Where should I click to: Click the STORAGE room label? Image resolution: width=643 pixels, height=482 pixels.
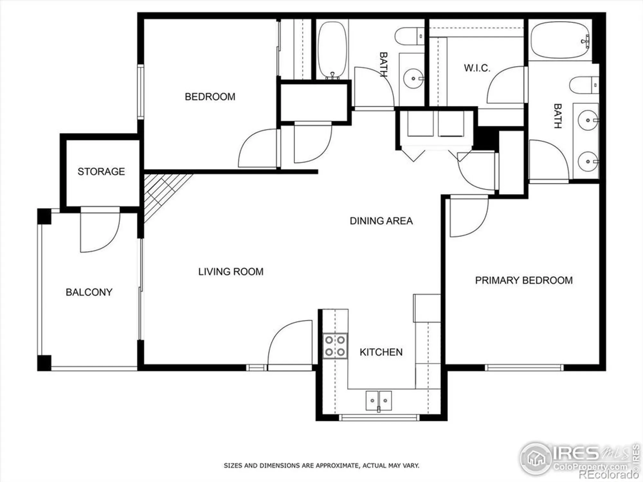pyautogui.click(x=101, y=172)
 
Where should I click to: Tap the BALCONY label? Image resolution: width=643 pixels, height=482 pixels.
pyautogui.click(x=89, y=292)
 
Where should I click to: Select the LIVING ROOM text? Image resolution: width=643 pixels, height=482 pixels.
pyautogui.click(x=231, y=272)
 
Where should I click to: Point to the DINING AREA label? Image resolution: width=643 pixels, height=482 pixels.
pyautogui.click(x=381, y=221)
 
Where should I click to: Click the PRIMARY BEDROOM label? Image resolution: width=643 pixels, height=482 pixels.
pyautogui.click(x=524, y=280)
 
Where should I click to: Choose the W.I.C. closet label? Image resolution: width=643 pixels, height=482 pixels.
pyautogui.click(x=477, y=68)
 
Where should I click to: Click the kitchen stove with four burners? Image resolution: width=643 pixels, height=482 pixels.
pyautogui.click(x=335, y=346)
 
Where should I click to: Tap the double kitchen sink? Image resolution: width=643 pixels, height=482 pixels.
pyautogui.click(x=378, y=401)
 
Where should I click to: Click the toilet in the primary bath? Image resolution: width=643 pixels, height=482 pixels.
pyautogui.click(x=584, y=85)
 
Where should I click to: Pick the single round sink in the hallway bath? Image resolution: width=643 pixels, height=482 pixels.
pyautogui.click(x=413, y=78)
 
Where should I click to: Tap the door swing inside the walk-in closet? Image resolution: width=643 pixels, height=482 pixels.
pyautogui.click(x=506, y=85)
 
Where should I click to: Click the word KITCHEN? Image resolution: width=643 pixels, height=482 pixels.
pyautogui.click(x=381, y=352)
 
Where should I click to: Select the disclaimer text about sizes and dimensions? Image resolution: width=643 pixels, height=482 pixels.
pyautogui.click(x=321, y=465)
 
